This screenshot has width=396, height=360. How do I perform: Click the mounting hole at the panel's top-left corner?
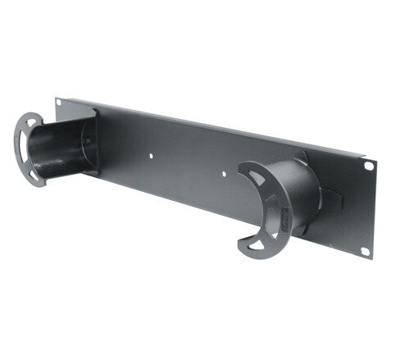coord(59,103)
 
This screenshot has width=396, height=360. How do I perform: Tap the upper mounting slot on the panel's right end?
coord(369,166)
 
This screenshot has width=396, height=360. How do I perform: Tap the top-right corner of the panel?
coord(376,157)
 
